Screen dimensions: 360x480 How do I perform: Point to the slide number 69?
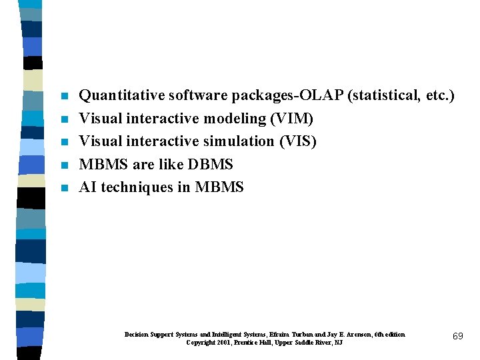point(457,337)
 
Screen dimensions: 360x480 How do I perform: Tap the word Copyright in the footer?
point(201,343)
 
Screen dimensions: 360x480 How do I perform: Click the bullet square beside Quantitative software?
point(64,97)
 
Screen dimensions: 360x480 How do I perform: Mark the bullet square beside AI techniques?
point(64,188)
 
